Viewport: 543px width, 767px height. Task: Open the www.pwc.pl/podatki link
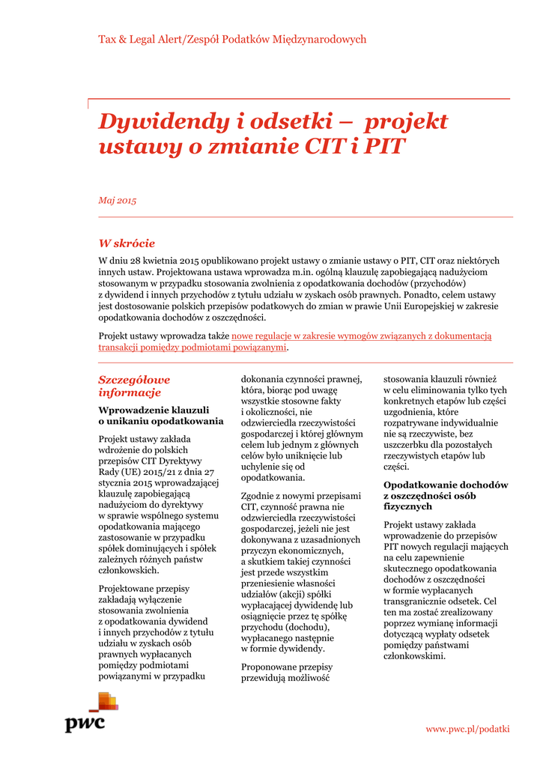(467, 729)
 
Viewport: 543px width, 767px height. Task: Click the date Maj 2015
(118, 200)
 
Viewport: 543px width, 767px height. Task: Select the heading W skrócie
(127, 243)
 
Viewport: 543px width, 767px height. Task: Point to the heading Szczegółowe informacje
(134, 386)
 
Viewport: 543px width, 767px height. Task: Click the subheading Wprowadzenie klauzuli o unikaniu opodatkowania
(160, 415)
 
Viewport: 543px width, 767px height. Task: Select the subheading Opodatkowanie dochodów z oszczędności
(446, 491)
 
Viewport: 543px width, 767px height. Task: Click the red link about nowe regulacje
(294, 342)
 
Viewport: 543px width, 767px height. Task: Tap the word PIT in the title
(382, 147)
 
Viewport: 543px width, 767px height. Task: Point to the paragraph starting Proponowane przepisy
(287, 672)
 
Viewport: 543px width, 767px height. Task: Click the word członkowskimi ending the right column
(414, 656)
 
